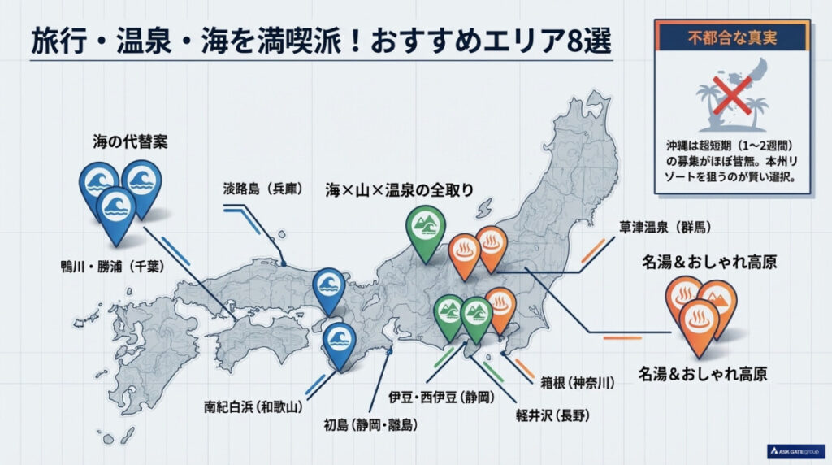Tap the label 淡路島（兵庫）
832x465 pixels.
pyautogui.click(x=262, y=189)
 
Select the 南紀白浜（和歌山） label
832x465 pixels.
pyautogui.click(x=258, y=403)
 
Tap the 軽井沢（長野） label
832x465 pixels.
pyautogui.click(x=552, y=415)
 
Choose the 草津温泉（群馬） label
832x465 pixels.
pyautogui.click(x=666, y=227)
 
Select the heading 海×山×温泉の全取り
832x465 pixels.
pyautogui.click(x=399, y=189)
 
